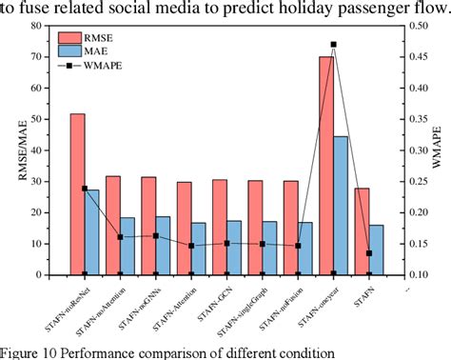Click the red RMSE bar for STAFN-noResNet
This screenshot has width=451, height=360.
pos(77,194)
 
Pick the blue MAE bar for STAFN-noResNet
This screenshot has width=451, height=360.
pos(93,232)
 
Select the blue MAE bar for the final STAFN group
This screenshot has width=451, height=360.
pos(377,250)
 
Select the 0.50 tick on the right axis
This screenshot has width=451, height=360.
pos(414,27)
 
